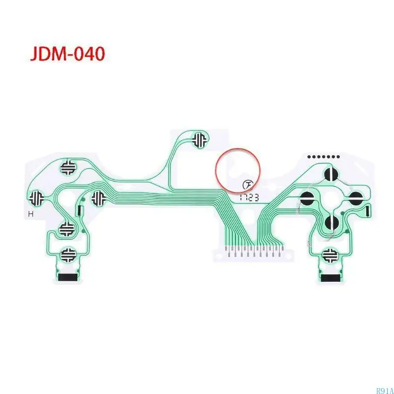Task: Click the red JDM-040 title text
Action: (68, 54)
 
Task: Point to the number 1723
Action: (249, 196)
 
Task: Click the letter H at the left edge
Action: (31, 214)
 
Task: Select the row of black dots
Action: (323, 157)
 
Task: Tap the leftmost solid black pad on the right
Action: (307, 199)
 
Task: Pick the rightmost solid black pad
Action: (356, 199)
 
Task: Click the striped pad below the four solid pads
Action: (329, 255)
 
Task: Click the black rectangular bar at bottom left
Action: (67, 277)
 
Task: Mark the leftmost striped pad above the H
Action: (37, 198)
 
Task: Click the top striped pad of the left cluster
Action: (68, 168)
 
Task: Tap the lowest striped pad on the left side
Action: (67, 255)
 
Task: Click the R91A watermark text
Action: (384, 391)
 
